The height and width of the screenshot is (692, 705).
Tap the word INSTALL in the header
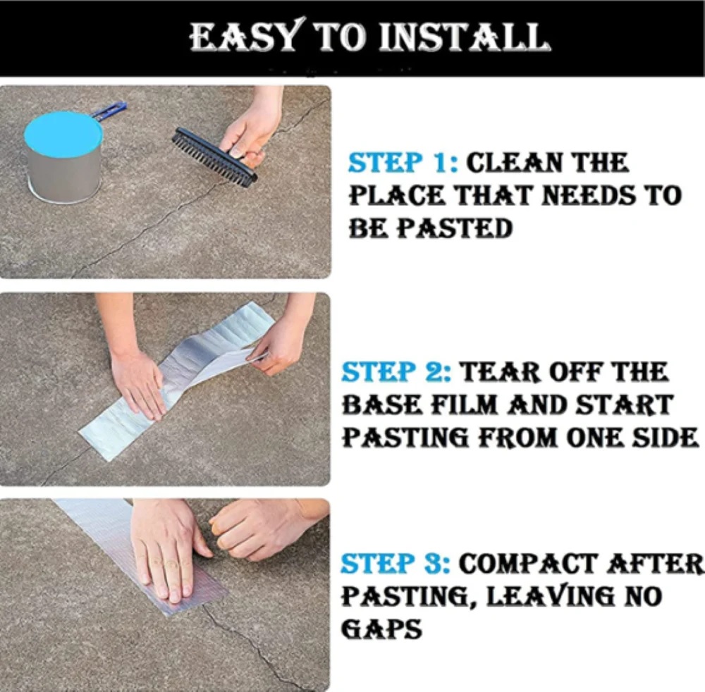[x=465, y=37]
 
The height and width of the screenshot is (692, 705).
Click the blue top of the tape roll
[x=62, y=134]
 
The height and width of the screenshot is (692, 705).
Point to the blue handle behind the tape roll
[x=110, y=111]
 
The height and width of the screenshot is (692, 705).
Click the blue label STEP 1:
[x=403, y=163]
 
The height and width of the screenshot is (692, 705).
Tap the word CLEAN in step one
[x=513, y=163]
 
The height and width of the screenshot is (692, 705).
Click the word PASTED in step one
[x=455, y=228]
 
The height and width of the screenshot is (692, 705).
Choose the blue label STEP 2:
[x=396, y=372]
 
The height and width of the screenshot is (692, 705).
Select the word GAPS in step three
[x=381, y=629]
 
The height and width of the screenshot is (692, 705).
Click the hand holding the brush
[x=252, y=128]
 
